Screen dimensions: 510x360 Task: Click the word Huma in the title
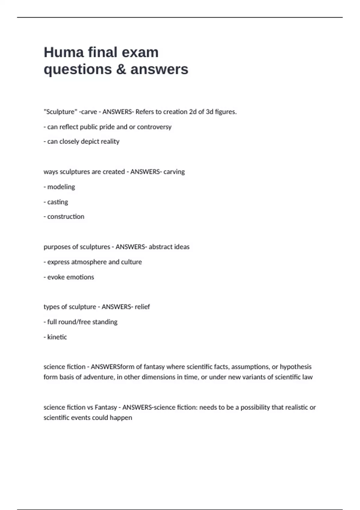[x=64, y=52]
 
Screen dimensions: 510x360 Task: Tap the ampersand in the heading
[x=121, y=69]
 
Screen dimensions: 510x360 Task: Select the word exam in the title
[x=140, y=52]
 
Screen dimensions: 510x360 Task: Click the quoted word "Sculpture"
[x=60, y=112]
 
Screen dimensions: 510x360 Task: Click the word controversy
[x=154, y=127]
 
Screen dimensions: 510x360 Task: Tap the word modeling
[x=61, y=187]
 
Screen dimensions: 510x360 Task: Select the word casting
[x=58, y=202]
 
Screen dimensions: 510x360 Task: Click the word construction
[x=66, y=217]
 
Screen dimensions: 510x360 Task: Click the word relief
[x=142, y=307]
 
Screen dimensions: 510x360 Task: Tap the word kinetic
[x=57, y=337]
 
